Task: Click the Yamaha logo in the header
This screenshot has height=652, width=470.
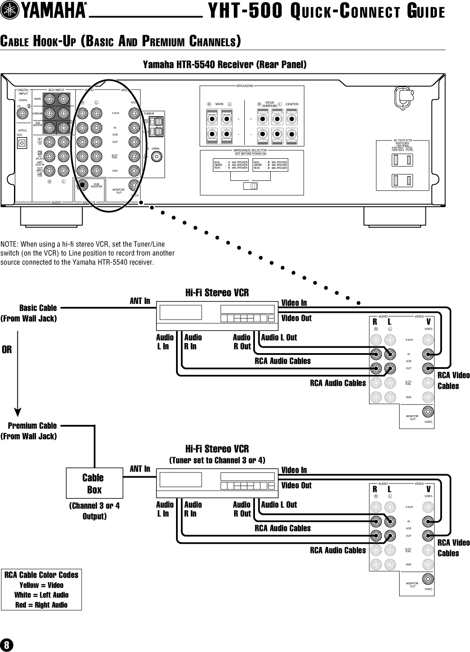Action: coord(45,12)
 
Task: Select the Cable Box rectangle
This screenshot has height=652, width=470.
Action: coord(95,483)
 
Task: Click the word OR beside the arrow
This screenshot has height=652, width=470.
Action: coord(7,350)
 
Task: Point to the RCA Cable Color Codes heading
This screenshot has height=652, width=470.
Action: coord(42,575)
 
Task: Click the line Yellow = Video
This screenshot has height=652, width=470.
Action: coord(42,585)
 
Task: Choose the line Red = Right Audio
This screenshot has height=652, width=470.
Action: coord(42,605)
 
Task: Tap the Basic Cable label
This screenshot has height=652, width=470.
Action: coord(38,308)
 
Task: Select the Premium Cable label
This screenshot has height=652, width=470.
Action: coord(32,426)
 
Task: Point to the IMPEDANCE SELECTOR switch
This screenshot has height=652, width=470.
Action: coord(252,186)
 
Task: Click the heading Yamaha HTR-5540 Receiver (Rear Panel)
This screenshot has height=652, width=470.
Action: coord(224,65)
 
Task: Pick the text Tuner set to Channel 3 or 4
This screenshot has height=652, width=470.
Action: coord(217,460)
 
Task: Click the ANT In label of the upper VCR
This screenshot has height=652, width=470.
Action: coord(140,301)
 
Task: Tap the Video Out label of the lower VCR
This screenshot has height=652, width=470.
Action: coord(297,485)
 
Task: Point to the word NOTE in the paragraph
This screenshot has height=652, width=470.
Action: coord(8,244)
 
